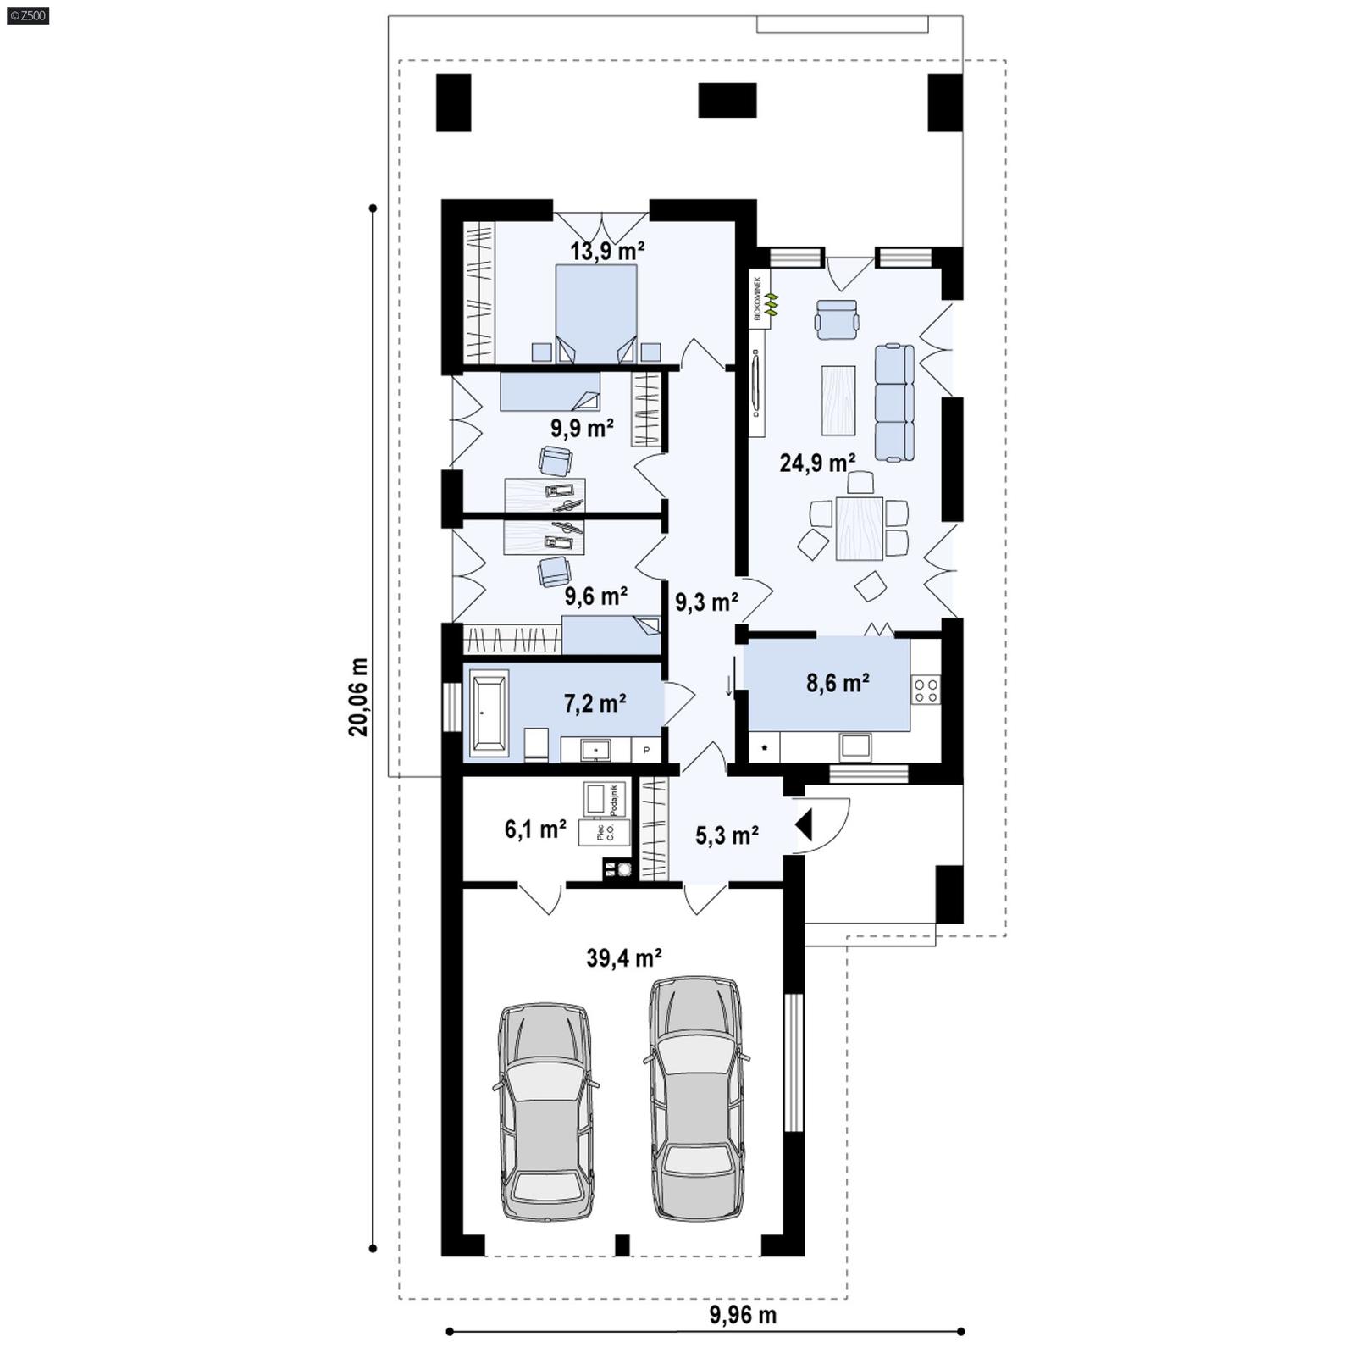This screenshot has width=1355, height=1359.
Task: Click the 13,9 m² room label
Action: coord(607,251)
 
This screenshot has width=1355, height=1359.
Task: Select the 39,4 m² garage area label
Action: coord(624,958)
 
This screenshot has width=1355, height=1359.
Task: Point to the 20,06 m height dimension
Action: coord(358,696)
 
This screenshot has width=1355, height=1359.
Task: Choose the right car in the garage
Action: coord(696,1098)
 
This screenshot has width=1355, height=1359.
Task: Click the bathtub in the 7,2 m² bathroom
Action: coord(489,712)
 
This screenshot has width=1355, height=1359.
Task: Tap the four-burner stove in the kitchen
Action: coord(926,690)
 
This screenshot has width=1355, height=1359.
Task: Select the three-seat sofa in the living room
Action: coord(894,402)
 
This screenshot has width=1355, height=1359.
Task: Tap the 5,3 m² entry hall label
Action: coord(727,836)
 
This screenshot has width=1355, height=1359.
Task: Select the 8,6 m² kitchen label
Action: coord(838,682)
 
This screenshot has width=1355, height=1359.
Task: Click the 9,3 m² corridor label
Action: coord(706,602)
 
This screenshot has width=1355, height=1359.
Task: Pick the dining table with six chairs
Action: coord(859,528)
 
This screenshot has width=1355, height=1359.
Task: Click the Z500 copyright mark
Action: coord(27,14)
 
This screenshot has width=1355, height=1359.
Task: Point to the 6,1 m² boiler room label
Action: coord(535,829)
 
